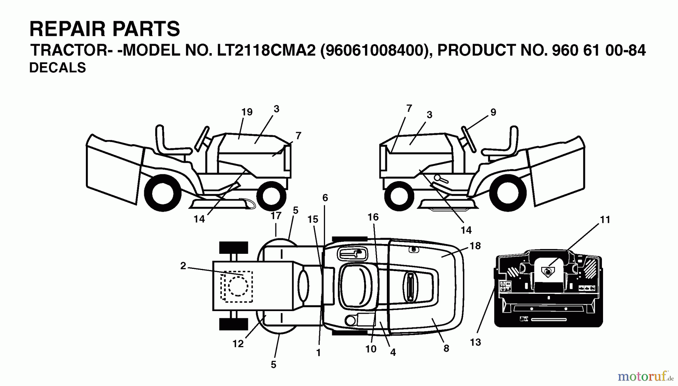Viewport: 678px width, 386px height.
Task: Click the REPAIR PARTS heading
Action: tap(105, 29)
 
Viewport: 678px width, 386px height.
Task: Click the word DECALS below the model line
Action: tap(58, 68)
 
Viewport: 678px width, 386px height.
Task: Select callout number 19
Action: tap(247, 112)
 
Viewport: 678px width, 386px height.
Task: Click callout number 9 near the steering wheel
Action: tap(493, 112)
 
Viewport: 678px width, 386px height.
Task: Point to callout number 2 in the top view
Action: tap(183, 266)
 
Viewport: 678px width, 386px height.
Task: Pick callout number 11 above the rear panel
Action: tap(605, 220)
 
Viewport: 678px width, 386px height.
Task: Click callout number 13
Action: tap(475, 342)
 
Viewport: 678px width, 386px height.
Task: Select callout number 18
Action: tap(475, 246)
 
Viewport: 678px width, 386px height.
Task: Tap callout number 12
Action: tap(238, 343)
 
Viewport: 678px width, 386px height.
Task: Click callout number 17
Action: tap(276, 216)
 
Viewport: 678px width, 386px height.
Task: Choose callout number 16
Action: tap(373, 217)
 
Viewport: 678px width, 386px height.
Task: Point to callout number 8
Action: tap(446, 348)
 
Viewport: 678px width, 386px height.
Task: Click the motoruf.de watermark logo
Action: tap(645, 376)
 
